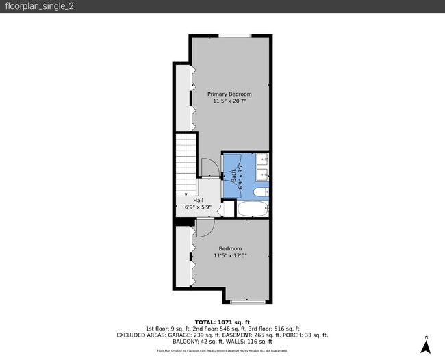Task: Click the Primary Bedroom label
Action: click(x=229, y=94)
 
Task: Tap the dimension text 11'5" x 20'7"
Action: click(x=229, y=101)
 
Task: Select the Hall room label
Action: click(x=197, y=200)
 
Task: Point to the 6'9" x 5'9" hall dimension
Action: click(x=197, y=207)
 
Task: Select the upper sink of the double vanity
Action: click(x=265, y=162)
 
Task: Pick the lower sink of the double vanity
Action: click(x=265, y=176)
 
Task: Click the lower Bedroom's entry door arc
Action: click(x=204, y=229)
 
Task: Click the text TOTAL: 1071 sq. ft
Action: click(x=222, y=322)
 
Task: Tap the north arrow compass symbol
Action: click(x=426, y=346)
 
